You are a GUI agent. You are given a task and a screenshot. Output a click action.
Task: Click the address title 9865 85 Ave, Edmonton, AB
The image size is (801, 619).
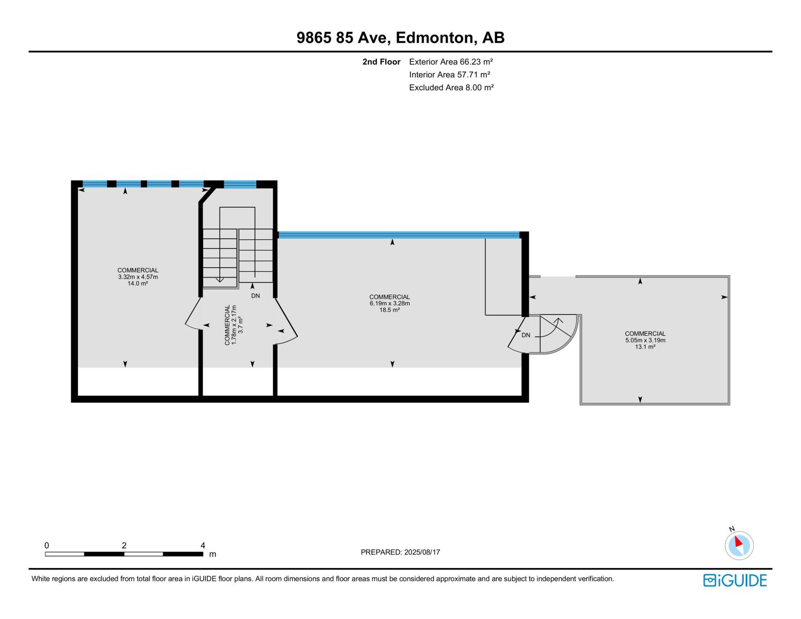(400, 38)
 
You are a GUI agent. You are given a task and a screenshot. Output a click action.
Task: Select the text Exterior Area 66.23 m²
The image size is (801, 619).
(451, 62)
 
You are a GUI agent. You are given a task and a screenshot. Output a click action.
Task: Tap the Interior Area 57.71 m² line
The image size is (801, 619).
(449, 75)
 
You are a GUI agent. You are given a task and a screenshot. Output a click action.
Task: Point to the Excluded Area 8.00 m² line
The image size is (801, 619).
(451, 88)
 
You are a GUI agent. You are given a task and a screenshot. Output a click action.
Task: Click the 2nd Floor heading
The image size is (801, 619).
(381, 62)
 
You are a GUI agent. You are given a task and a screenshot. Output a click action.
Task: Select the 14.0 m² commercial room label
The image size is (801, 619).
(138, 277)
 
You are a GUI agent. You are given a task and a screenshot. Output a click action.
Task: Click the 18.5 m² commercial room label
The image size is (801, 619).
(389, 303)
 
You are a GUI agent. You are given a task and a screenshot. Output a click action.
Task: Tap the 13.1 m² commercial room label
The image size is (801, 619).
(645, 340)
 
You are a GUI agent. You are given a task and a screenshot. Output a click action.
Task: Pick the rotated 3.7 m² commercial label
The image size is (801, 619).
(234, 325)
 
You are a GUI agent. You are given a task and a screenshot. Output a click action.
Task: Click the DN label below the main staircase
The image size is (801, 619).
(255, 296)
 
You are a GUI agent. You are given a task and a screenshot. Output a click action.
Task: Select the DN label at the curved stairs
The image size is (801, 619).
(526, 335)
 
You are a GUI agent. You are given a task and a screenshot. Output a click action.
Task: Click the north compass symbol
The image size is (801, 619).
(739, 545)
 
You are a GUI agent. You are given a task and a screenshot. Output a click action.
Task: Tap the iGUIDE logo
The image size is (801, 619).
(735, 580)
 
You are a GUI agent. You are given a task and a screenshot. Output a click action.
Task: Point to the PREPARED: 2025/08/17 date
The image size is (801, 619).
(400, 552)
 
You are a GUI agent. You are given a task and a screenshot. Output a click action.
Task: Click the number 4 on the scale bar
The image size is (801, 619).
(203, 545)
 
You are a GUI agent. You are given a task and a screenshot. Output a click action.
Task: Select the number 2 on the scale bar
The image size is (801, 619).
(124, 545)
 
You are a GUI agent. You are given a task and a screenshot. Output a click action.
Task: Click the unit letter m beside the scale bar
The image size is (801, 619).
(212, 555)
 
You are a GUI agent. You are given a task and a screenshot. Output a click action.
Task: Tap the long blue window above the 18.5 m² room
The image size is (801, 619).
(398, 235)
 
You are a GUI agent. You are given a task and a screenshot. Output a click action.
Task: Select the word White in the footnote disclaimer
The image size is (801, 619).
(41, 579)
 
